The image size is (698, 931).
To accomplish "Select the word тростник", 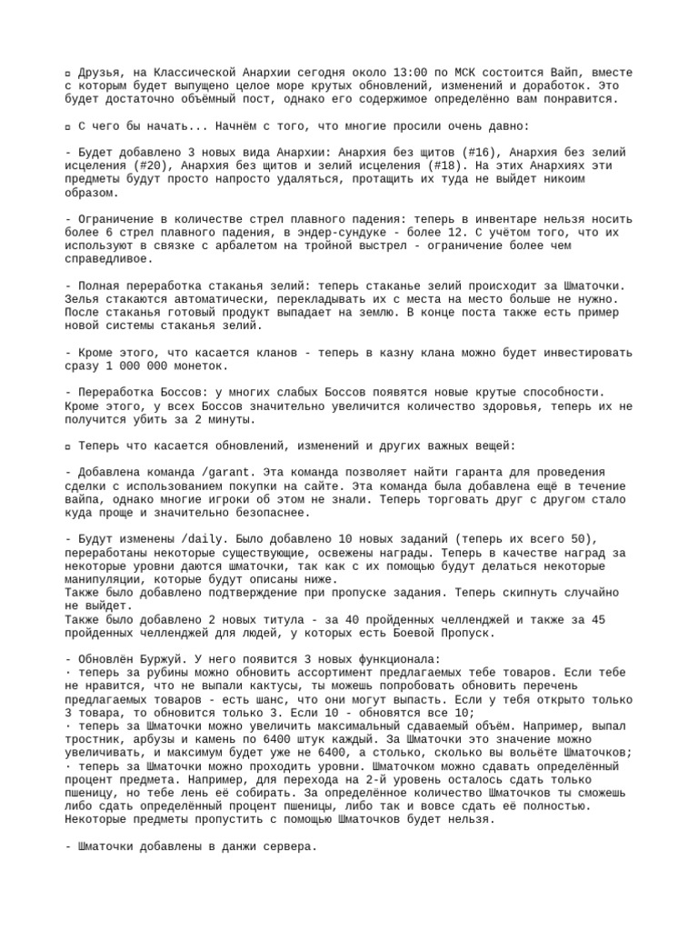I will pos(96,739).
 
